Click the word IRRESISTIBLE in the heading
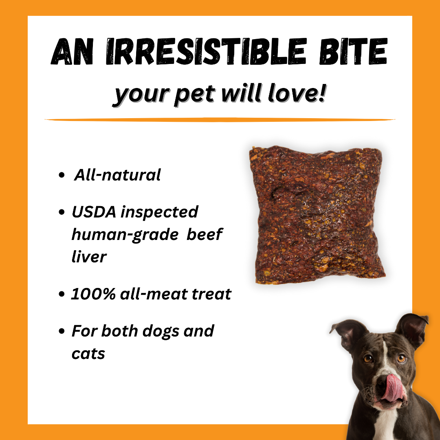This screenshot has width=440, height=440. [x=206, y=51]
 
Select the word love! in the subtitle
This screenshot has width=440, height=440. [x=297, y=93]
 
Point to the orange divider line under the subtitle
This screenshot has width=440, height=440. [x=220, y=120]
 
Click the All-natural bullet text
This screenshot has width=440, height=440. [x=117, y=175]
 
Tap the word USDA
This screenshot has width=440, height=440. [x=94, y=212]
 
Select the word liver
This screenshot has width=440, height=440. [x=89, y=256]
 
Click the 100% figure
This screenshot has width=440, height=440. [x=93, y=294]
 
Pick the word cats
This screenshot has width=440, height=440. [x=88, y=354]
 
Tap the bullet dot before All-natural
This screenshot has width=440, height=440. [x=62, y=175]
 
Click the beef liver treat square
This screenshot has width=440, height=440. [x=317, y=215]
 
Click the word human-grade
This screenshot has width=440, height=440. [x=125, y=235]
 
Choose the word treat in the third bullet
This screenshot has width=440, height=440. [x=212, y=294]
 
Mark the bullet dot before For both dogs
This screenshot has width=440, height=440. [x=62, y=331]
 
